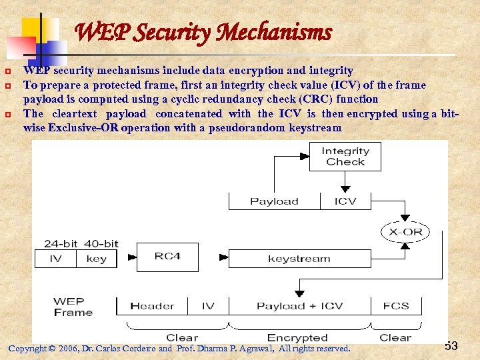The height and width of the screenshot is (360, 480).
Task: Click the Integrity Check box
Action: point(345,156)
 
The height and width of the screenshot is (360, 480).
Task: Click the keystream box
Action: point(299,259)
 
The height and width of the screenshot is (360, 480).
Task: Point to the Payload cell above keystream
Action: point(274,201)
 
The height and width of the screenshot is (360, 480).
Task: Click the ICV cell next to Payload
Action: point(345,201)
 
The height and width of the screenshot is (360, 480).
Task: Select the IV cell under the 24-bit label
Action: point(55,259)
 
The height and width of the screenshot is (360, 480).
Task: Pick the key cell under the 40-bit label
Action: point(97,259)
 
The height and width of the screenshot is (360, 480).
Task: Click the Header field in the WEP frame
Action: point(151,306)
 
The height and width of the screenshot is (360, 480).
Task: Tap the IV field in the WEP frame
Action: point(208,306)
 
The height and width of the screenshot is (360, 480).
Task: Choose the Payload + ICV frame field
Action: point(299,306)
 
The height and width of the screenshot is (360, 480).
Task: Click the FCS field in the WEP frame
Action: point(396,306)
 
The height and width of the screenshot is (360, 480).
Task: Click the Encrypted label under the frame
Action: point(297,338)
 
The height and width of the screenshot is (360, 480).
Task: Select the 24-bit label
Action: point(61,243)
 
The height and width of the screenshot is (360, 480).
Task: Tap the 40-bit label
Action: point(101,243)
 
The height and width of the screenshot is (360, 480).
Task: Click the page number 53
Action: point(451,346)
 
